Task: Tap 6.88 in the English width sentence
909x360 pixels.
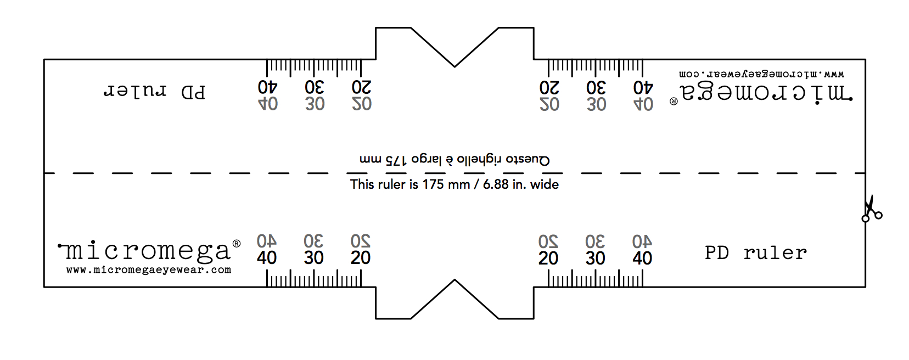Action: pos(495,184)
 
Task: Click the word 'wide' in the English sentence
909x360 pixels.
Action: pos(545,184)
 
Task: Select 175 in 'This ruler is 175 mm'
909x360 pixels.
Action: pos(433,184)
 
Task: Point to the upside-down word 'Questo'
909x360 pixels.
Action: pos(528,160)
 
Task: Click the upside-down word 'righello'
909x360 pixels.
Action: pos(479,160)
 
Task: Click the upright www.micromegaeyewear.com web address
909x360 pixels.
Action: pos(149,270)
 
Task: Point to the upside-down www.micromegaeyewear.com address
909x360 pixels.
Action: pos(761,74)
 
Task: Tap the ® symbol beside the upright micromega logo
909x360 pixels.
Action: pos(237,243)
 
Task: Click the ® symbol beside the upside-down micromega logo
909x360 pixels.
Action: pos(674,102)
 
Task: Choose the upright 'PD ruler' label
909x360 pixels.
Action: pos(756,253)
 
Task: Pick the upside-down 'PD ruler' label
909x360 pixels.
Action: pos(154,92)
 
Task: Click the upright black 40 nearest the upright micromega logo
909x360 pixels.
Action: pos(267,258)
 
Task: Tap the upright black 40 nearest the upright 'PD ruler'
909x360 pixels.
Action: pos(642,258)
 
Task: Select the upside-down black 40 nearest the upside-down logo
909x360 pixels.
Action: pos(643,87)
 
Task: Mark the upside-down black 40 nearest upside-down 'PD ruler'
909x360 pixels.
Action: pos(268,87)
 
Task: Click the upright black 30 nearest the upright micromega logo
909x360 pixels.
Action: pos(314,258)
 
